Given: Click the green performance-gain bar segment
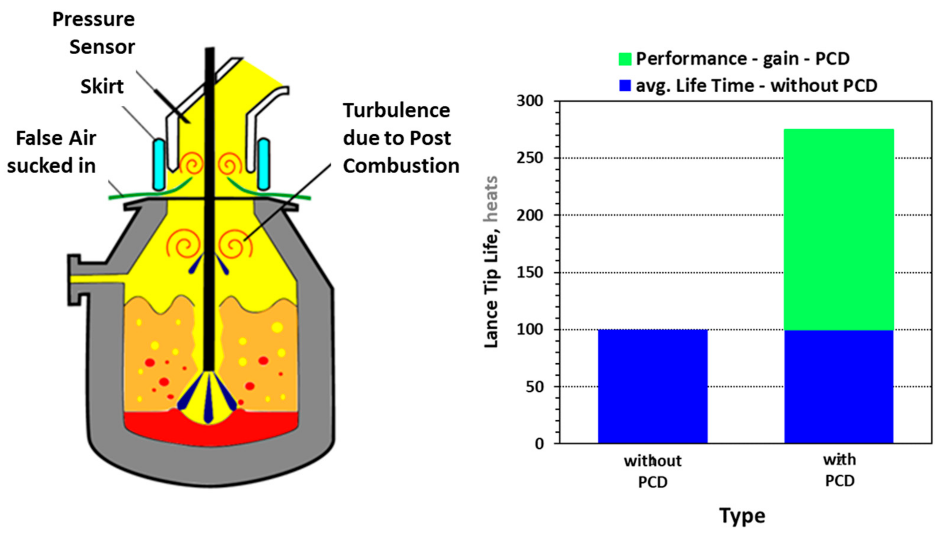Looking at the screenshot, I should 838,229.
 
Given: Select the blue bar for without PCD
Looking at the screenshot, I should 653,386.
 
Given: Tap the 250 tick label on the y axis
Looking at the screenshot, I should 530,158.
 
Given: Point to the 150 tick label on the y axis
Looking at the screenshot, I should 530,273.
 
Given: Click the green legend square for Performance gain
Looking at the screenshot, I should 625,59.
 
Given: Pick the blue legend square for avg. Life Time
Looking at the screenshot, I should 625,86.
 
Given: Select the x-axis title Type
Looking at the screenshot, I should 742,515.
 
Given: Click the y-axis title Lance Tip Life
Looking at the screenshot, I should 492,262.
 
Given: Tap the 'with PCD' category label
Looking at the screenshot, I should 840,470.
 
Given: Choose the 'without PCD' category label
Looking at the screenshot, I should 653,471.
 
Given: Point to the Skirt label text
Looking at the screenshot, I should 102,87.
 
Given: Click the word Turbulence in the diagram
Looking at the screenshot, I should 397,110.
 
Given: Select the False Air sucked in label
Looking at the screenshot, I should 52,152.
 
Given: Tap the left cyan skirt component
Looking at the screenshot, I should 159,164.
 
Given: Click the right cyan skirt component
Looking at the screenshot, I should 263,164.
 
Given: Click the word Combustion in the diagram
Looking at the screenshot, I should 401,166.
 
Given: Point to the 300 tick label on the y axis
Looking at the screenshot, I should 530,101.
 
